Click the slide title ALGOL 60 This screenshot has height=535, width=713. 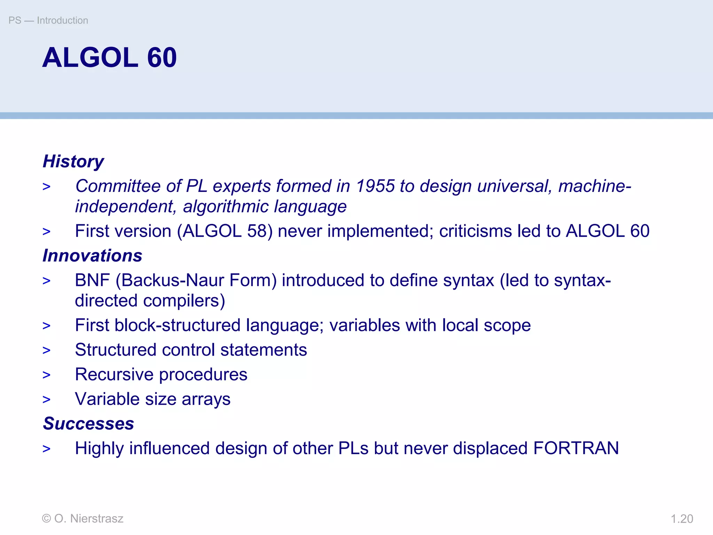(109, 57)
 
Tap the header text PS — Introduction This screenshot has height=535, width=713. (48, 21)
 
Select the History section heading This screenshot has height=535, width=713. (73, 162)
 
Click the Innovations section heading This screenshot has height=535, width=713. (92, 256)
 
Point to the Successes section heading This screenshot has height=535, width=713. (88, 424)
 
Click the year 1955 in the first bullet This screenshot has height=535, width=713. (375, 186)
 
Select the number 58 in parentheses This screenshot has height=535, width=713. (257, 231)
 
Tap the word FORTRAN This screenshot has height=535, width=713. (576, 448)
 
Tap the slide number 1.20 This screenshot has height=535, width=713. (682, 519)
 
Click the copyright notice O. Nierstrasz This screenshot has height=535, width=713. (83, 519)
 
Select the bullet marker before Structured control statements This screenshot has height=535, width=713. (46, 350)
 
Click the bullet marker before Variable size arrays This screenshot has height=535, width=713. (46, 400)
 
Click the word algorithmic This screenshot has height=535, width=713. (226, 207)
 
